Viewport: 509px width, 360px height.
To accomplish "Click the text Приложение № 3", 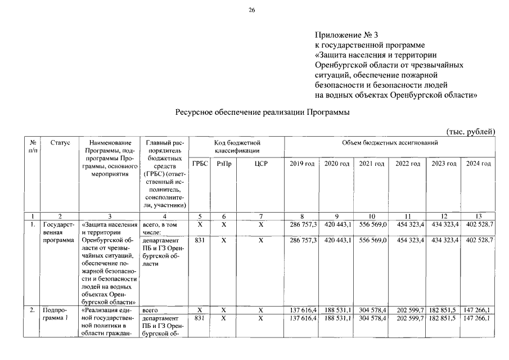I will click(344, 35).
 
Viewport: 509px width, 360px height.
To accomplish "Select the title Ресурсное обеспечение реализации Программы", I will click(263, 112).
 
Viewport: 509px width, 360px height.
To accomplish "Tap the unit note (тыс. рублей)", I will click(470, 132).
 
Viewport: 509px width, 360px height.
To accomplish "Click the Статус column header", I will click(60, 143).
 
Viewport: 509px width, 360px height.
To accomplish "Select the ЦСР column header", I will click(260, 164).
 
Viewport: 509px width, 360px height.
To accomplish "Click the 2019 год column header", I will click(302, 164).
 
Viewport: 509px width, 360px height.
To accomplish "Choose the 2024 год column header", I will click(478, 164).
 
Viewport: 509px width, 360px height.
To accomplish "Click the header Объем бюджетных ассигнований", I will click(390, 143).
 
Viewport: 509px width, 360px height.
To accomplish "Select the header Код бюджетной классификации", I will click(237, 147).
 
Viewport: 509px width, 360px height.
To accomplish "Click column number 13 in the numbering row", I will click(478, 216).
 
